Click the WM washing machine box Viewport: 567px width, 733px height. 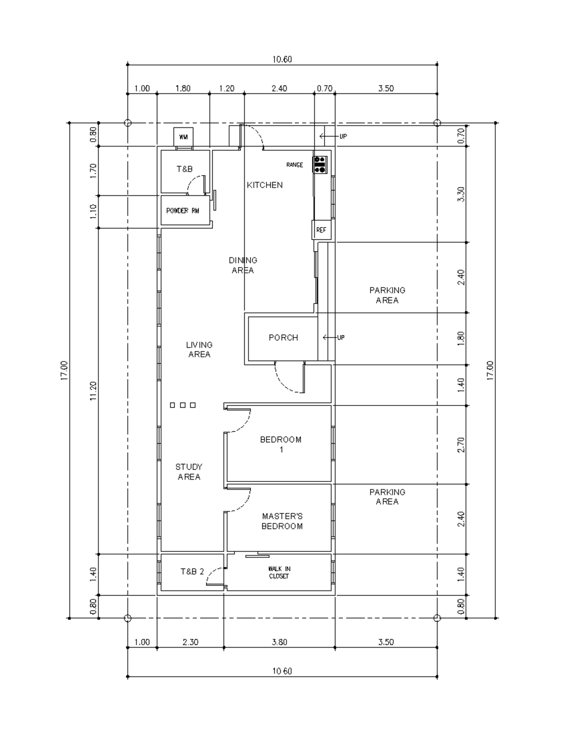183,137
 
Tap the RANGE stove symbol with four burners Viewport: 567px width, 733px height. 320,164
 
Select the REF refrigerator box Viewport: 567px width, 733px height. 321,230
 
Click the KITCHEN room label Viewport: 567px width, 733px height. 265,185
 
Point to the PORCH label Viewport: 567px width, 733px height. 283,337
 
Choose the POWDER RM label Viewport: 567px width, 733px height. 183,211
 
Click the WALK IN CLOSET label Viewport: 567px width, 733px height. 279,573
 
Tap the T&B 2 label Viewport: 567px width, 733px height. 192,572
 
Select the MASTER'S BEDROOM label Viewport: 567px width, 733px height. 282,521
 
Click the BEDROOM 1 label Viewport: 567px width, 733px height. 281,444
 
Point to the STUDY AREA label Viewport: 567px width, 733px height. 189,472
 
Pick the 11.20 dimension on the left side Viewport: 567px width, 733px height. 93,391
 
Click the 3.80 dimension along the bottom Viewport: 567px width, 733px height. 279,642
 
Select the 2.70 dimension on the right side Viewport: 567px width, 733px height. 462,445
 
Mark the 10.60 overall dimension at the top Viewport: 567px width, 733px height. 282,59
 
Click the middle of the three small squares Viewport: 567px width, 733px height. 182,405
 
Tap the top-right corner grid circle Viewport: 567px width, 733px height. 437,123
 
